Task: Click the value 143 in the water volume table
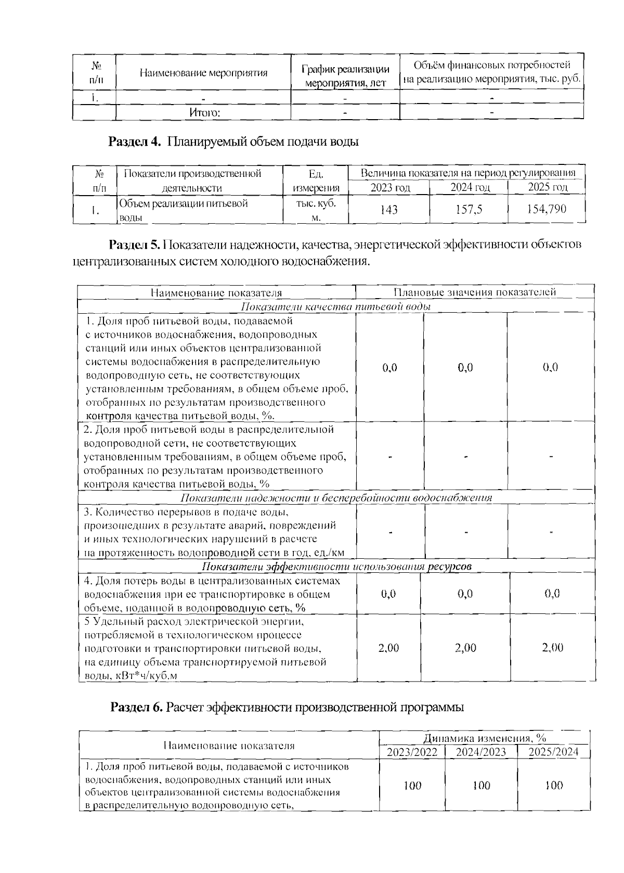pyautogui.click(x=388, y=210)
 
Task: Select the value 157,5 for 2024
pyautogui.click(x=468, y=210)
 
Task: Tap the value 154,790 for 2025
pyautogui.click(x=546, y=209)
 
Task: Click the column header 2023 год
pyautogui.click(x=390, y=188)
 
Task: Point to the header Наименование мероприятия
pyautogui.click(x=203, y=73)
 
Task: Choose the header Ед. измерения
pyautogui.click(x=316, y=181)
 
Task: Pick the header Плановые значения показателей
pyautogui.click(x=474, y=292)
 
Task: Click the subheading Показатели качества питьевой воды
pyautogui.click(x=336, y=306)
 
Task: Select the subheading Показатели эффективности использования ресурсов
pyautogui.click(x=336, y=567)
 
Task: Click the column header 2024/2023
pyautogui.click(x=480, y=752)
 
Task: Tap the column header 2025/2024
pyautogui.click(x=553, y=752)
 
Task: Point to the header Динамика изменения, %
pyautogui.click(x=484, y=738)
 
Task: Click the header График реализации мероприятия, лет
pyautogui.click(x=345, y=76)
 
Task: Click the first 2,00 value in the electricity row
pyautogui.click(x=388, y=648)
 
